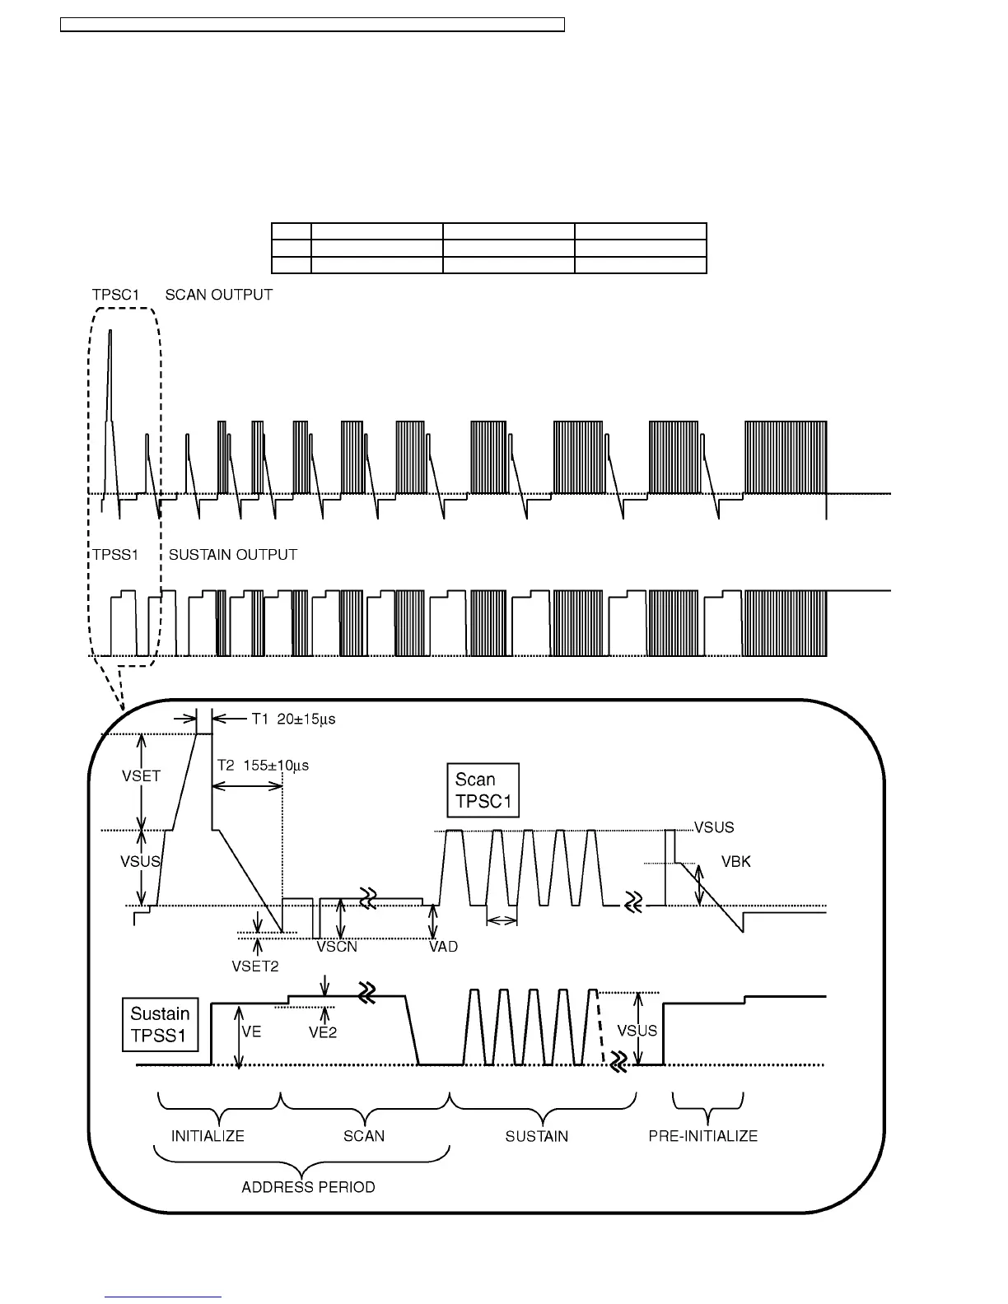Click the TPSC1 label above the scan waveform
115,295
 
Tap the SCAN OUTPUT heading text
218,295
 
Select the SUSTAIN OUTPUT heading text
232,555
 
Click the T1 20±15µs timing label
292,719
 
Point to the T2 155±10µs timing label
263,766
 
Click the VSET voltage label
141,775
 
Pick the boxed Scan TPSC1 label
483,790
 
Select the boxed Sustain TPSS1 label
160,1024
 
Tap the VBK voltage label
736,862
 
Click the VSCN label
337,947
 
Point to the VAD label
443,947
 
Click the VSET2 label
255,966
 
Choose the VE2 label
323,1032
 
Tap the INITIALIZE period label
208,1136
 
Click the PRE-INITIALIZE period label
702,1136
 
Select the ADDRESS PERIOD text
308,1187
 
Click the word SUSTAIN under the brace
536,1136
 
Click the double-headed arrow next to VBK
699,884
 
